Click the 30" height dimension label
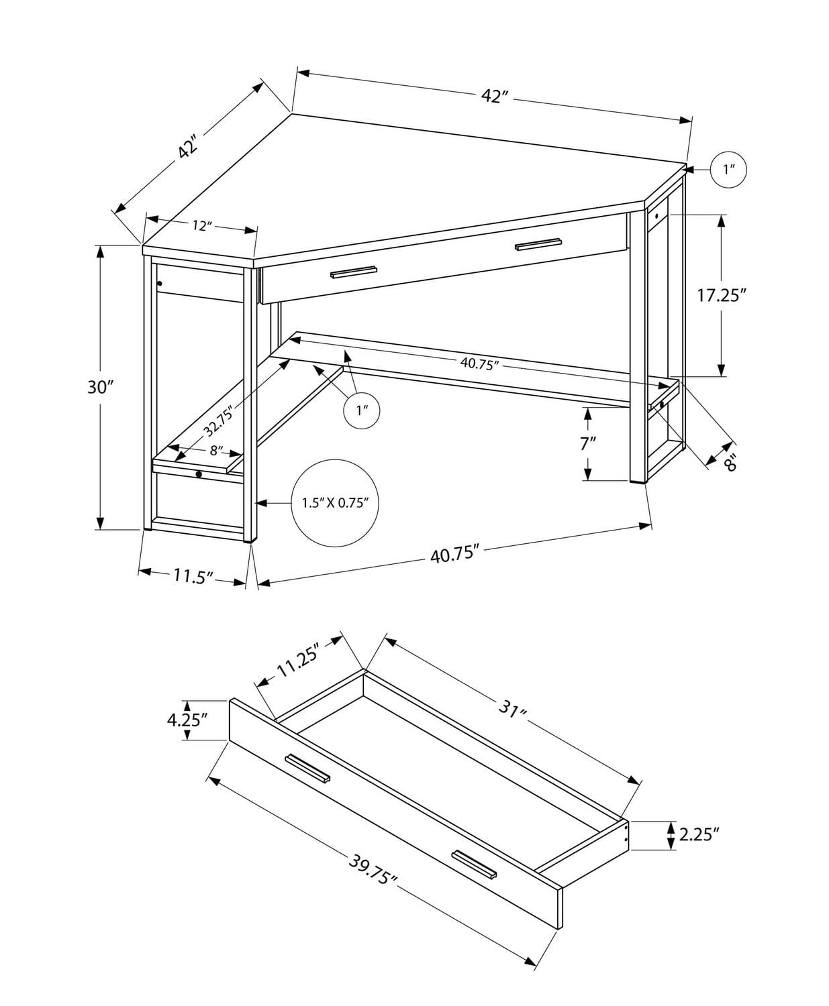[x=101, y=387]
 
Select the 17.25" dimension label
[x=722, y=295]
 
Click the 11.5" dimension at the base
[x=193, y=575]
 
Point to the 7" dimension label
[x=588, y=443]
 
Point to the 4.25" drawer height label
[x=187, y=720]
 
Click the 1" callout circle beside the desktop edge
[x=729, y=170]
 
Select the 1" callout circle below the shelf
[x=362, y=410]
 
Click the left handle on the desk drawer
[x=354, y=272]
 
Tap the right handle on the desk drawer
[x=538, y=243]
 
